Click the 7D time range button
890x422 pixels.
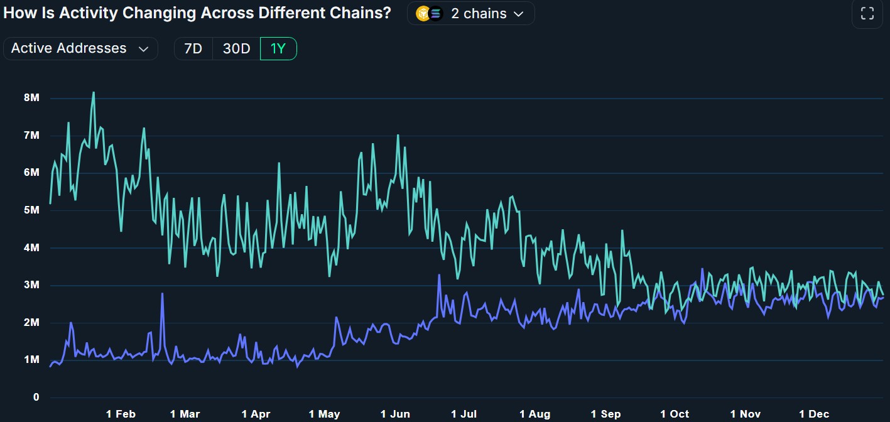click(x=193, y=48)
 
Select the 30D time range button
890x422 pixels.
click(x=236, y=48)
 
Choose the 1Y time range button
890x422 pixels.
click(x=278, y=48)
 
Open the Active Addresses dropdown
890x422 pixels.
click(x=80, y=48)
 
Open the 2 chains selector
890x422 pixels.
click(x=471, y=13)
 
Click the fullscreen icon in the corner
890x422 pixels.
click(x=867, y=14)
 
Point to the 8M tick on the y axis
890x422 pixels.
click(x=31, y=98)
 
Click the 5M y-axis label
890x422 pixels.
click(x=31, y=210)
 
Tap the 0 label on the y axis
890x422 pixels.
click(x=36, y=398)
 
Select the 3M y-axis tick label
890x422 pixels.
click(x=31, y=285)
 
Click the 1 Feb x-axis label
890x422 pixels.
click(x=121, y=414)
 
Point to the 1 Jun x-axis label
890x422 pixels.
click(x=395, y=414)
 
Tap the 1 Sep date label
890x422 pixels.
click(x=605, y=414)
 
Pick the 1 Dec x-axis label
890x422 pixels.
click(x=813, y=414)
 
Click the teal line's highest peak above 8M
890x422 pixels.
click(x=94, y=93)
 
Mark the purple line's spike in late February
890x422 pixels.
click(x=162, y=294)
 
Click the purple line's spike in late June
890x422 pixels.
click(x=439, y=275)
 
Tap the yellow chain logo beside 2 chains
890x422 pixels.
click(x=423, y=13)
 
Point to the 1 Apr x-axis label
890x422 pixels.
click(x=256, y=414)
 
